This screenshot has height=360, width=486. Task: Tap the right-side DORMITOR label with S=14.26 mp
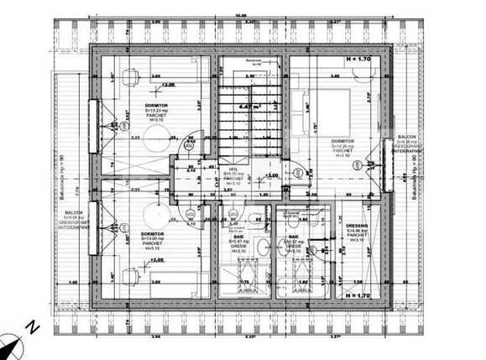click(x=342, y=140)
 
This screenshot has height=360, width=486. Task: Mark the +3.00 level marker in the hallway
click(x=270, y=175)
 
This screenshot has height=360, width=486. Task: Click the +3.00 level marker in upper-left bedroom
click(x=169, y=85)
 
